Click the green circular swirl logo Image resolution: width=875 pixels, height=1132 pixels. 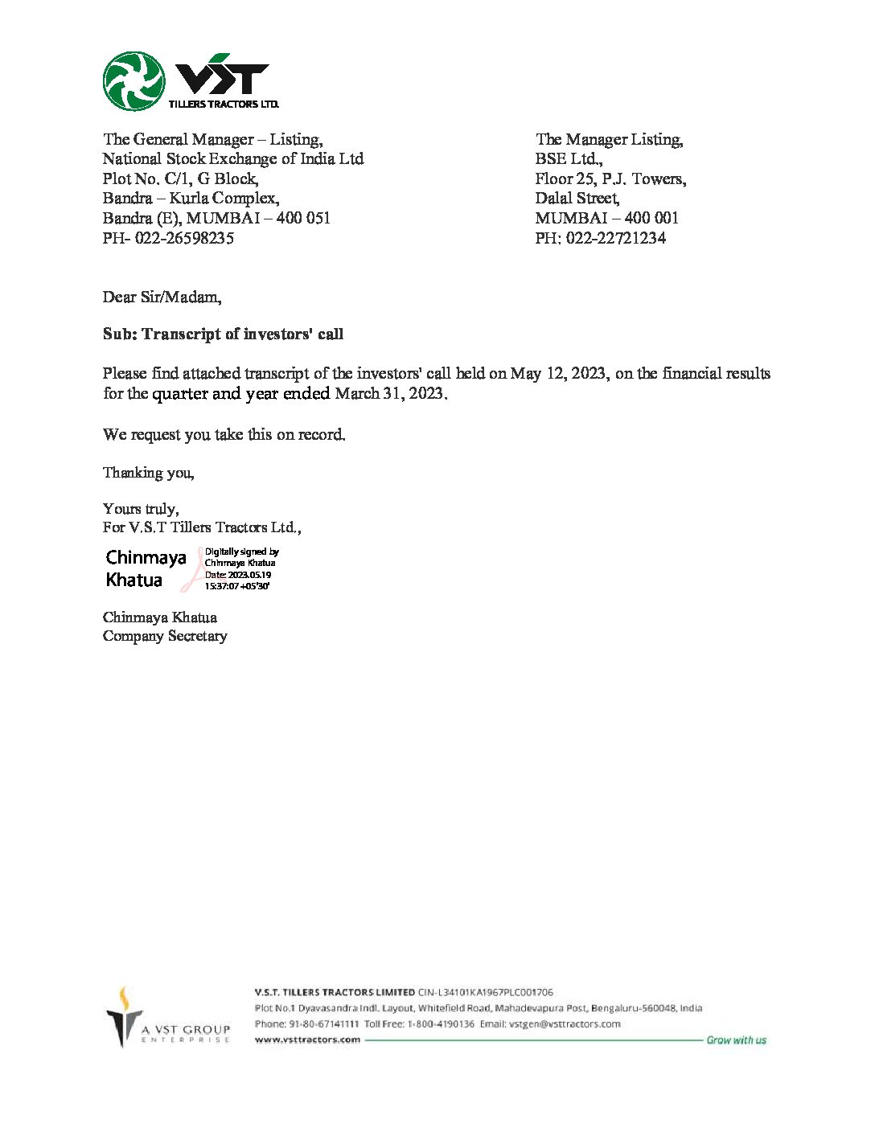pyautogui.click(x=134, y=81)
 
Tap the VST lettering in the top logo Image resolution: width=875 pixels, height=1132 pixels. pyautogui.click(x=221, y=78)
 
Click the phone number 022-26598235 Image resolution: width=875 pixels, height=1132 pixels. pyautogui.click(x=187, y=238)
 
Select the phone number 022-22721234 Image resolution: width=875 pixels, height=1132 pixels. pyautogui.click(x=615, y=238)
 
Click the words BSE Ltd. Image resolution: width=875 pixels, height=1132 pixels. pyautogui.click(x=569, y=159)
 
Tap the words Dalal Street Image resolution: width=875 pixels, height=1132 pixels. pyautogui.click(x=577, y=198)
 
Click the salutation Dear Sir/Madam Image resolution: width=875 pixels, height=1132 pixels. pyautogui.click(x=162, y=297)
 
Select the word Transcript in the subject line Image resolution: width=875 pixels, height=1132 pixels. pyautogui.click(x=179, y=334)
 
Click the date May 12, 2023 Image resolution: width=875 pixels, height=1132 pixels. pyautogui.click(x=560, y=374)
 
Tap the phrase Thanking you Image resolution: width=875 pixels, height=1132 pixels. pyautogui.click(x=148, y=473)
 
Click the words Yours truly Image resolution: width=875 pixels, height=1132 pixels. pyautogui.click(x=141, y=509)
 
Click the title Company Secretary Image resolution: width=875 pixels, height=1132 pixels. pyautogui.click(x=165, y=636)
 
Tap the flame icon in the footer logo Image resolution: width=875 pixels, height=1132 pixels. pyautogui.click(x=123, y=998)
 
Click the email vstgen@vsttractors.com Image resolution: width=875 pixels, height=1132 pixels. pyautogui.click(x=565, y=1023)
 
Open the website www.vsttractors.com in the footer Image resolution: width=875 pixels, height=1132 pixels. pyautogui.click(x=307, y=1040)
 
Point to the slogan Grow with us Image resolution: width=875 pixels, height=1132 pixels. pyautogui.click(x=736, y=1040)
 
